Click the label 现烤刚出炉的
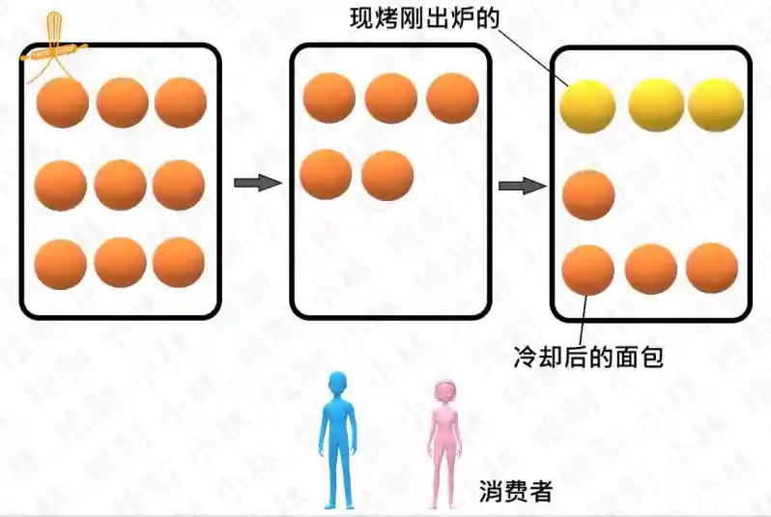pos(425,18)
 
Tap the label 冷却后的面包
pos(588,357)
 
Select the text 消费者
pos(516,491)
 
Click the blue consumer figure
pos(339,441)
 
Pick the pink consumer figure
pos(444,445)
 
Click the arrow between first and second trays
pos(258,183)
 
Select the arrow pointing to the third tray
pos(523,186)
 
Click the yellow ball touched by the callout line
pos(587,106)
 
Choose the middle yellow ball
pos(656,104)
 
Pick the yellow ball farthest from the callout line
pos(716,104)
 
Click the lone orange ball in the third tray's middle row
pos(588,195)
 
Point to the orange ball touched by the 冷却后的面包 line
pos(588,270)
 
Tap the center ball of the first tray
pos(121,185)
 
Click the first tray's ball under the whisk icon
pos(63,102)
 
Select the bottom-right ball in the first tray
pos(179,263)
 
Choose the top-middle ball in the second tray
pos(391,98)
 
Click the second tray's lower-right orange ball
pos(387,175)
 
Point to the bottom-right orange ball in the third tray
pos(712,268)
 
